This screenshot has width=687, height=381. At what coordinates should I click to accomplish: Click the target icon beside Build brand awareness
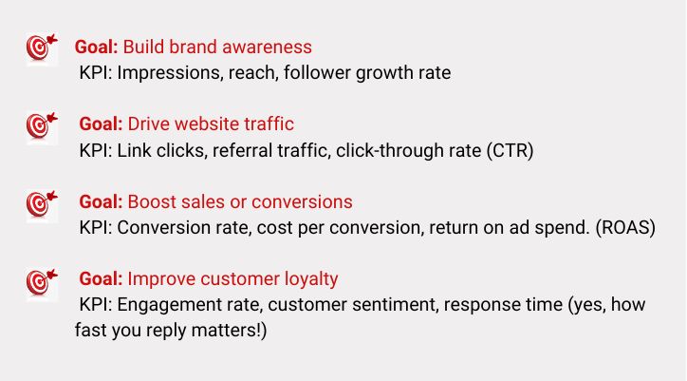point(42,48)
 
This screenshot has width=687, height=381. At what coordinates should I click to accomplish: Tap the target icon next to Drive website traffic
point(42,126)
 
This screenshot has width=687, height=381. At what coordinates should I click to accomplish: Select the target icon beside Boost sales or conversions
point(42,204)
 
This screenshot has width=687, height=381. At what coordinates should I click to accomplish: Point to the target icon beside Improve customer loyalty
point(42,283)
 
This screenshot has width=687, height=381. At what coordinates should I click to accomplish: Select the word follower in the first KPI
point(317,72)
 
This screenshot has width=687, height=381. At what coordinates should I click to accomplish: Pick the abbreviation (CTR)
point(510,150)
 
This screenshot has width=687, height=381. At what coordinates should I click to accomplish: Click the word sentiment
point(393,305)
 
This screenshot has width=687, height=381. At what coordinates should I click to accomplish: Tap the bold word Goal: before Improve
point(101,279)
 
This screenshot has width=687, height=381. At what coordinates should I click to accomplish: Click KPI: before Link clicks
point(96,150)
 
